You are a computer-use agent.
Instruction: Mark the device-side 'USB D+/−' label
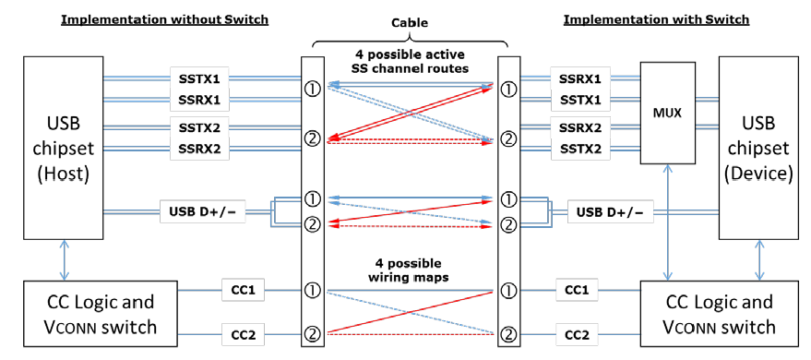click(x=605, y=212)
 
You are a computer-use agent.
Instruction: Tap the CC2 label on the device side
click(x=577, y=332)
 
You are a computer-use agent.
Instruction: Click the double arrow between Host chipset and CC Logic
click(x=63, y=262)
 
